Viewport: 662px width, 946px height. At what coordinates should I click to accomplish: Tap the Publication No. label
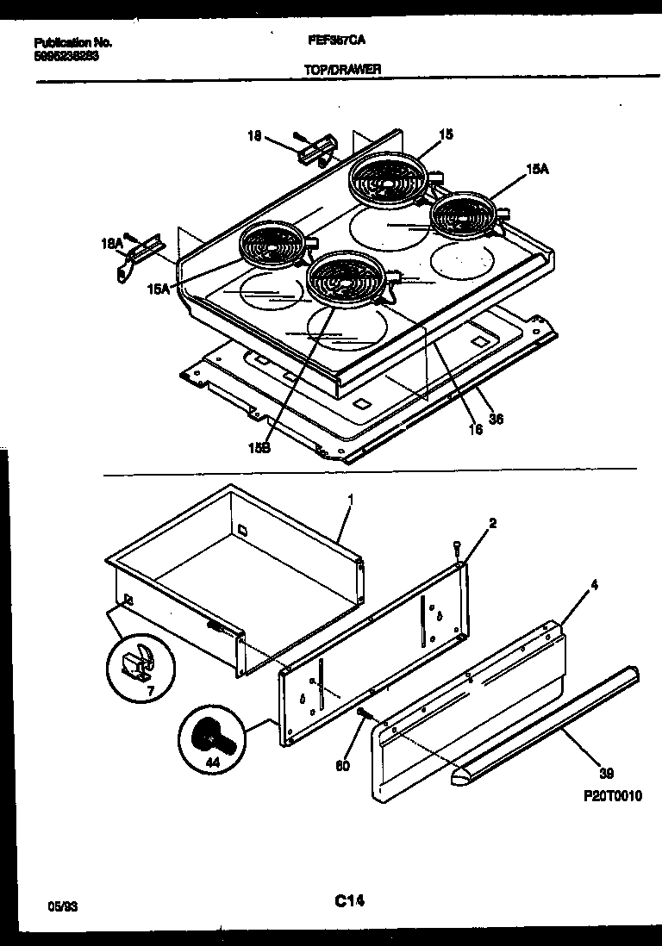73,42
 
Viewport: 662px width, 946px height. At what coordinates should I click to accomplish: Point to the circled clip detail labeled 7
140,663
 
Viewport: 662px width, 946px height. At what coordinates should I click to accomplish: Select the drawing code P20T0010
612,797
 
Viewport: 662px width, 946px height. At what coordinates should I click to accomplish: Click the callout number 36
496,419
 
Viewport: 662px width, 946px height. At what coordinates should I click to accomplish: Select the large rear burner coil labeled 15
385,178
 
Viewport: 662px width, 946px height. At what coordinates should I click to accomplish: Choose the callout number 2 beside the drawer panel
492,523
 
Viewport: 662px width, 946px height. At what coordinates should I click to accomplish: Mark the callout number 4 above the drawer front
594,585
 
